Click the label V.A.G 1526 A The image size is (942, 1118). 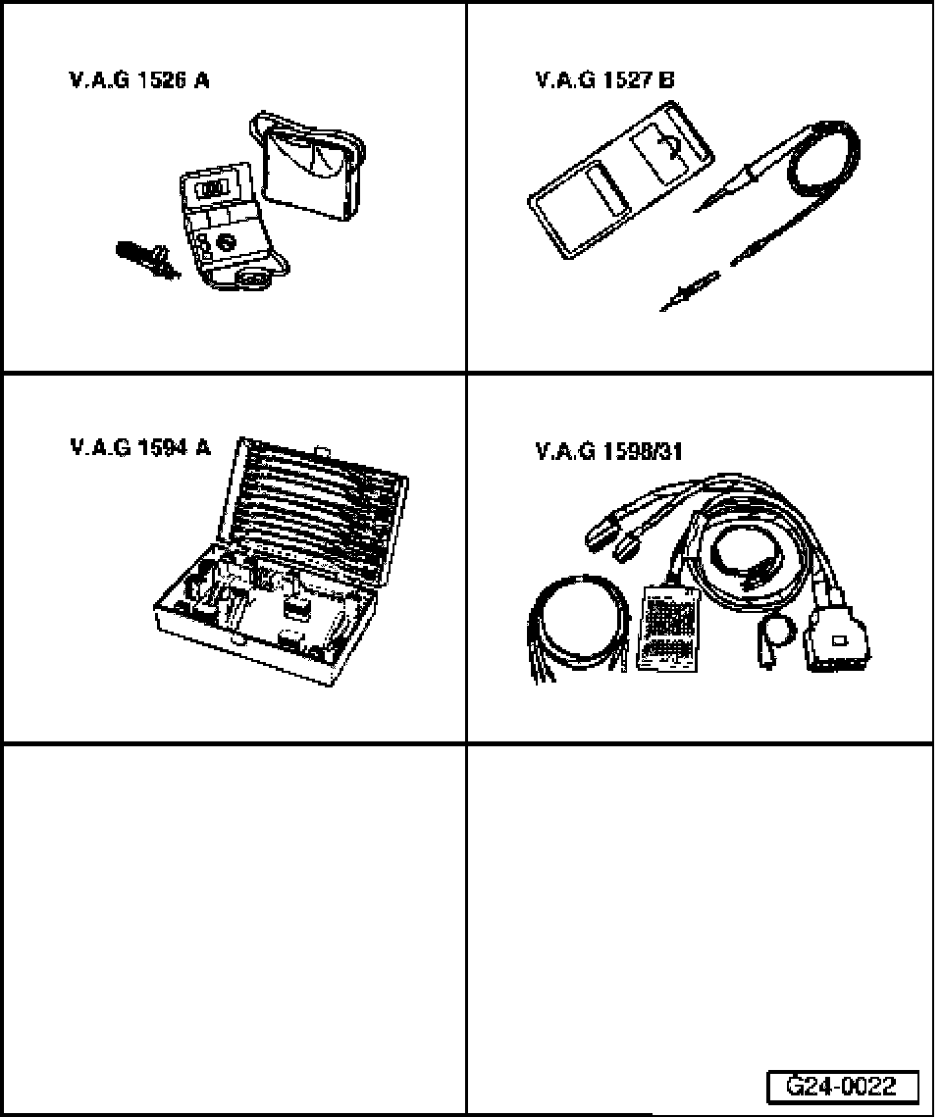[138, 82]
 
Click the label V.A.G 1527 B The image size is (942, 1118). [604, 82]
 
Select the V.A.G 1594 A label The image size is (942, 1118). [140, 449]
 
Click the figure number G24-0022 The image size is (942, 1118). [842, 1087]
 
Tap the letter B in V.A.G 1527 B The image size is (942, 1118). [666, 82]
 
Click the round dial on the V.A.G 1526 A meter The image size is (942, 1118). [226, 239]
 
